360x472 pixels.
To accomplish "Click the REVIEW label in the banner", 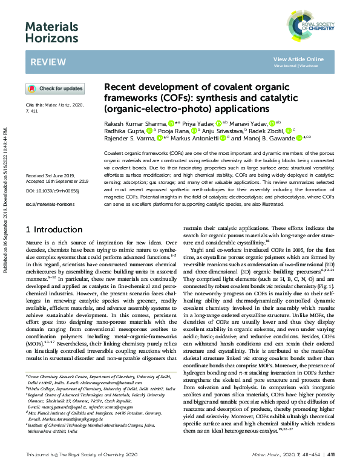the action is (x=44, y=62).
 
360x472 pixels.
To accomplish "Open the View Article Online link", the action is (x=298, y=59).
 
